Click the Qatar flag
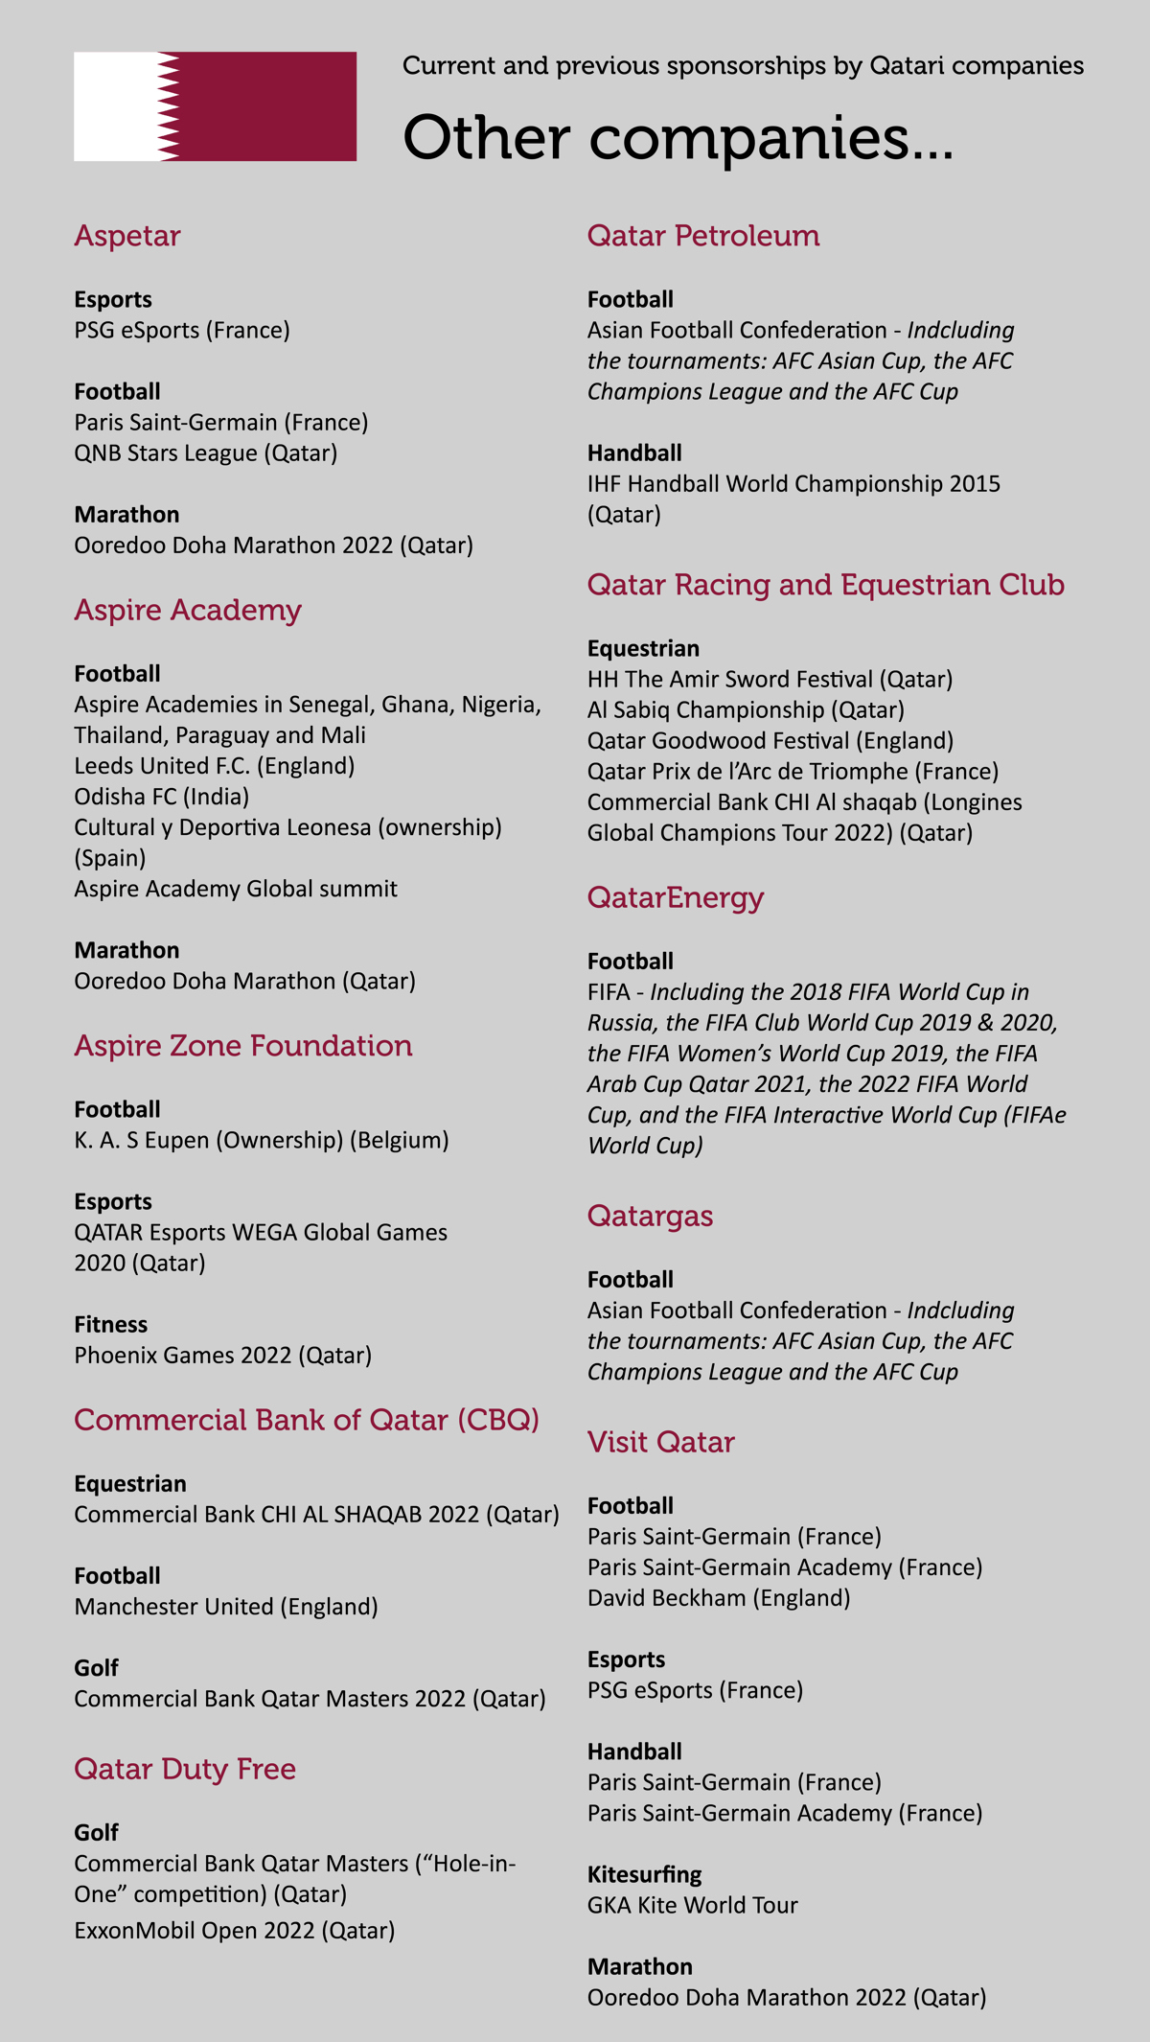coord(215,106)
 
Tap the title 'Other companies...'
coord(678,138)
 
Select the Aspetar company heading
coord(127,236)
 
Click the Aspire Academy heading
coord(188,610)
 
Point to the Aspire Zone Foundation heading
coord(243,1045)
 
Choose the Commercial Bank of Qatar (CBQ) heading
coord(307,1420)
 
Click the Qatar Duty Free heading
coord(185,1769)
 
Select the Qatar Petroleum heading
coord(703,236)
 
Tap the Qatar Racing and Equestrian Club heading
coord(825,585)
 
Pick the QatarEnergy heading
coord(676,897)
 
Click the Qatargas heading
coord(650,1216)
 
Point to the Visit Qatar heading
coord(660,1442)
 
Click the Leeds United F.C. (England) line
coord(215,766)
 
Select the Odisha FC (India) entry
coord(162,797)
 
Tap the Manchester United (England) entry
coord(226,1607)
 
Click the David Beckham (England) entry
coord(719,1598)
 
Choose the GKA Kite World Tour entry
coord(692,1905)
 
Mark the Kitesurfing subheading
coord(644,1874)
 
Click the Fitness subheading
coord(111,1325)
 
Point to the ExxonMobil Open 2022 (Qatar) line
coord(235,1930)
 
